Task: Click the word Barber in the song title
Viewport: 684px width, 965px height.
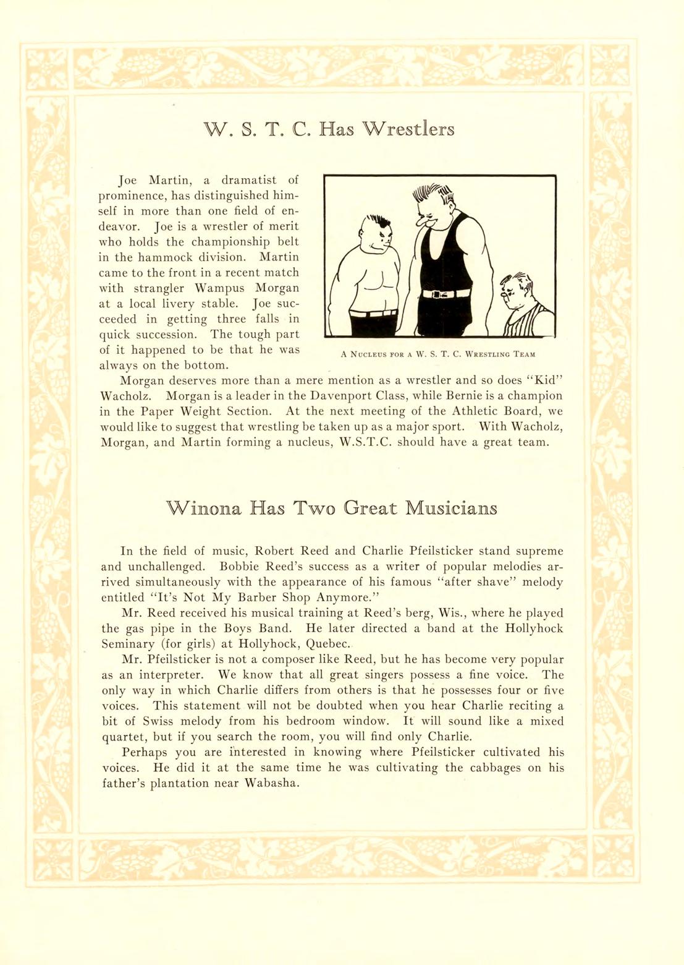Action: click(256, 598)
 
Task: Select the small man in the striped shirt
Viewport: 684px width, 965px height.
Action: click(525, 309)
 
